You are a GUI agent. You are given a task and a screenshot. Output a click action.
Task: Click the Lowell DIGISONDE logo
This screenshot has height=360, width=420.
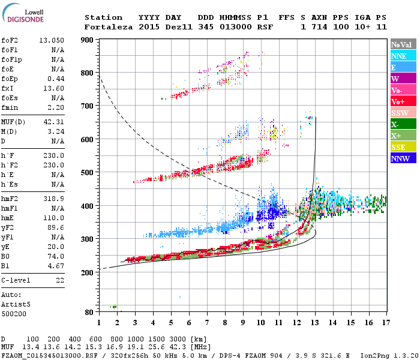coord(26,14)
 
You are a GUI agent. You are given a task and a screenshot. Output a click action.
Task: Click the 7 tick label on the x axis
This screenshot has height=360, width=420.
coord(207,323)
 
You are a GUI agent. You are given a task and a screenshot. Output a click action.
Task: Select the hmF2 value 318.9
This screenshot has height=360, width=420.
coord(54,181)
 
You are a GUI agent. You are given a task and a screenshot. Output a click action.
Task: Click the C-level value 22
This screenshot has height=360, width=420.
coord(59,280)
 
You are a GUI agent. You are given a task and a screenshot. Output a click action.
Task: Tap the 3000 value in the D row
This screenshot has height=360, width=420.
coord(181,339)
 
